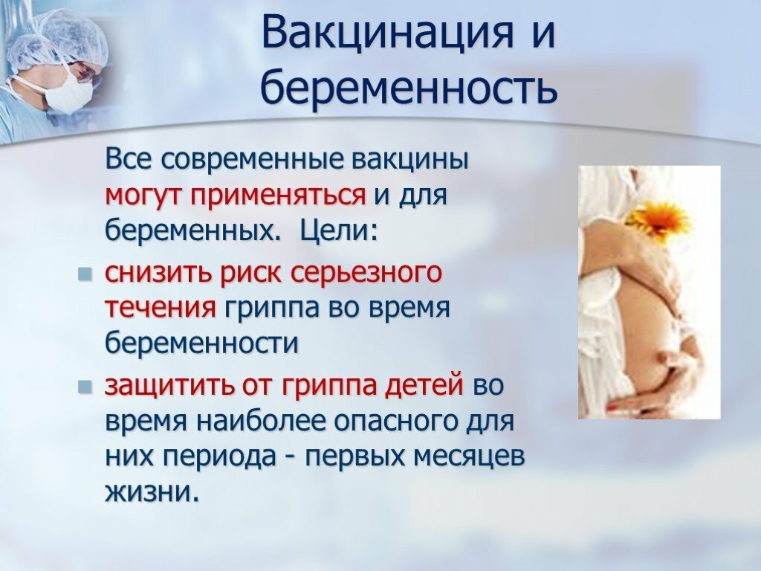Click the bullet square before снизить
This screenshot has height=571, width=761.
click(85, 275)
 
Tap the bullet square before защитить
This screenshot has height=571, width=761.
click(85, 387)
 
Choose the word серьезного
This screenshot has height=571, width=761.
click(366, 274)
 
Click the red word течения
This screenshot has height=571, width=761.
click(161, 309)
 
